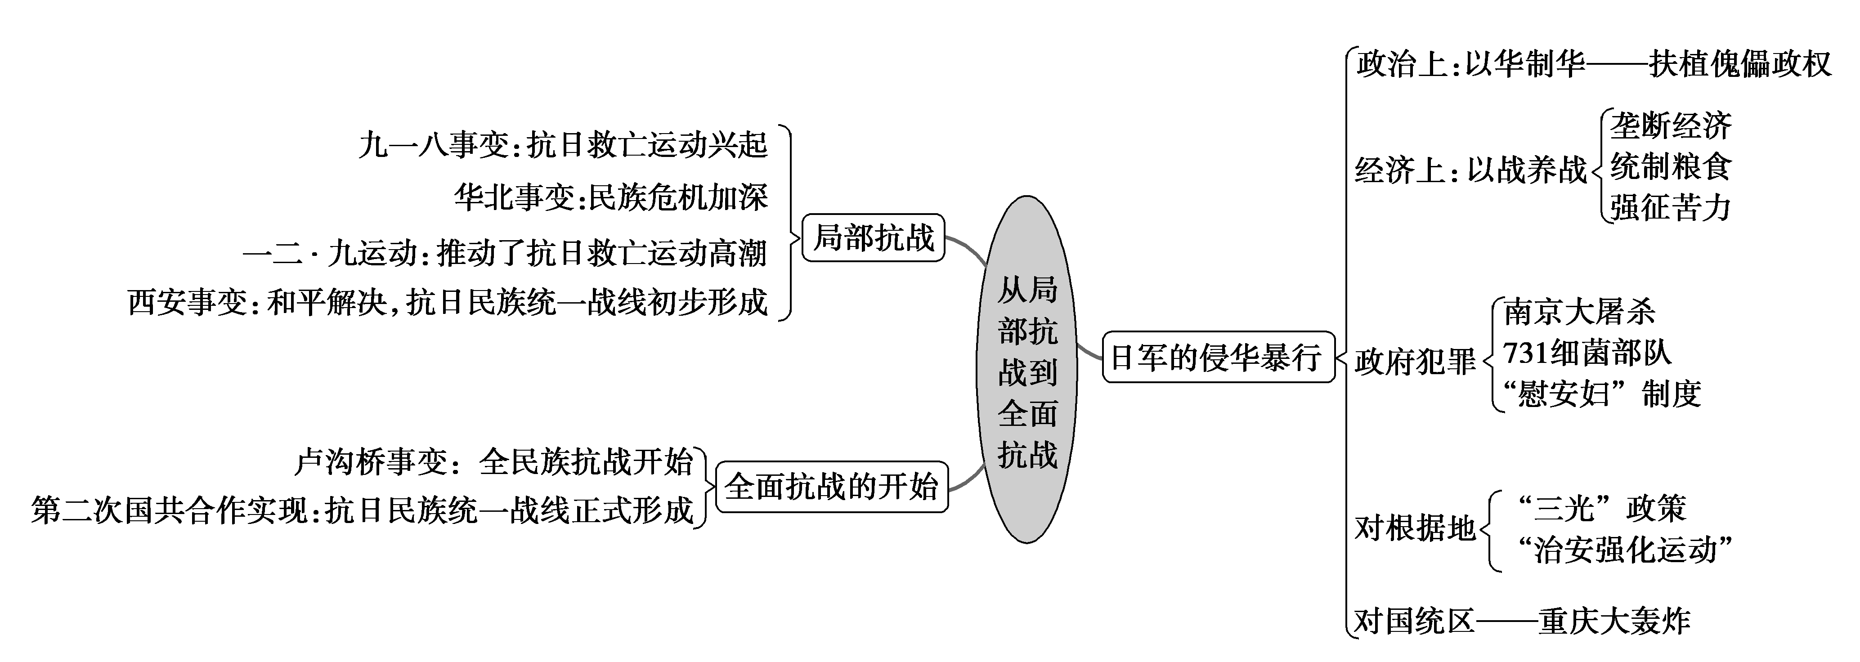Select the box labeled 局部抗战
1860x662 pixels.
pyautogui.click(x=873, y=237)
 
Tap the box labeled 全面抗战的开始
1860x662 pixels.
pyautogui.click(x=831, y=487)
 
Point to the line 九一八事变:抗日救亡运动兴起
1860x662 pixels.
pyautogui.click(x=563, y=145)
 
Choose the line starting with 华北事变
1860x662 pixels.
pyautogui.click(x=611, y=197)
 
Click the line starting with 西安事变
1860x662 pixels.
pyautogui.click(x=448, y=302)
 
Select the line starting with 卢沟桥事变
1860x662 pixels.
pyautogui.click(x=494, y=462)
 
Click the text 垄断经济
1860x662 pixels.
pyautogui.click(x=1670, y=126)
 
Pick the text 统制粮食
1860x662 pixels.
pyautogui.click(x=1670, y=167)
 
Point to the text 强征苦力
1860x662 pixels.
pyautogui.click(x=1670, y=207)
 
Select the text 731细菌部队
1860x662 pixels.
pyautogui.click(x=1587, y=353)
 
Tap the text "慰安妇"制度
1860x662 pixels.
pyautogui.click(x=1601, y=394)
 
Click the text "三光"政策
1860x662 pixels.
pyautogui.click(x=1601, y=509)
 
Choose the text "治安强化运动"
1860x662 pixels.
pyautogui.click(x=1625, y=550)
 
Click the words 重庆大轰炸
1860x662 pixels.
pyautogui.click(x=1614, y=622)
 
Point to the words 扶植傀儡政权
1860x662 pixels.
pyautogui.click(x=1740, y=64)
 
